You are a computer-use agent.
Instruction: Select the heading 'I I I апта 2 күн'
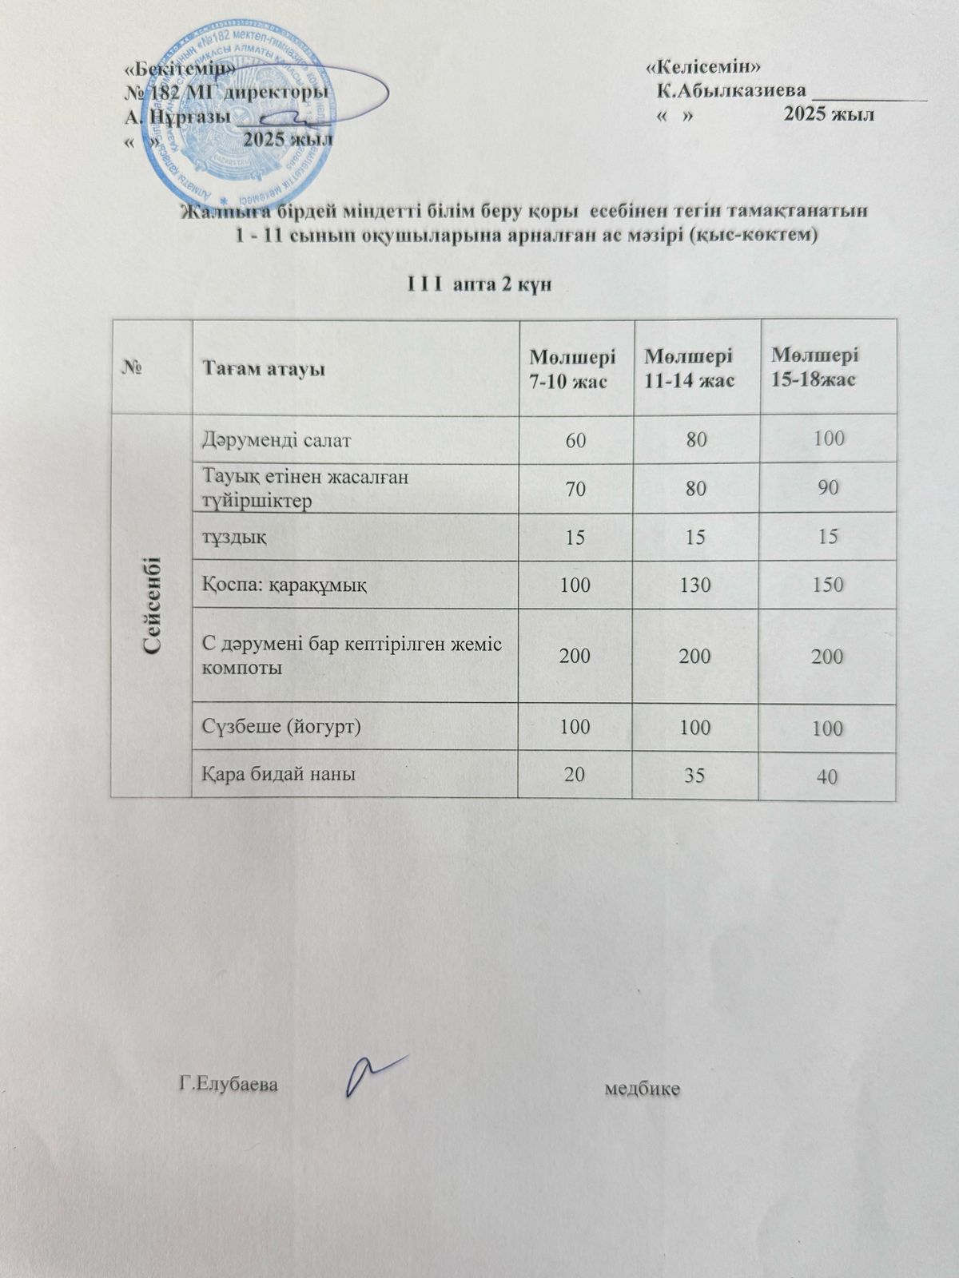[479, 284]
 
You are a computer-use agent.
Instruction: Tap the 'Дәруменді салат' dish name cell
[277, 439]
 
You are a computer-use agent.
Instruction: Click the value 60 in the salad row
[575, 439]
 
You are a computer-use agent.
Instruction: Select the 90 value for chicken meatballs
[828, 487]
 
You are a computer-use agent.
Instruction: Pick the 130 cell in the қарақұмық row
[696, 585]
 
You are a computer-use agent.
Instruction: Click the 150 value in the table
[828, 585]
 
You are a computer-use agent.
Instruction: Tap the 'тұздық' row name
[234, 535]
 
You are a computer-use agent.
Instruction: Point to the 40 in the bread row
[828, 775]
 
